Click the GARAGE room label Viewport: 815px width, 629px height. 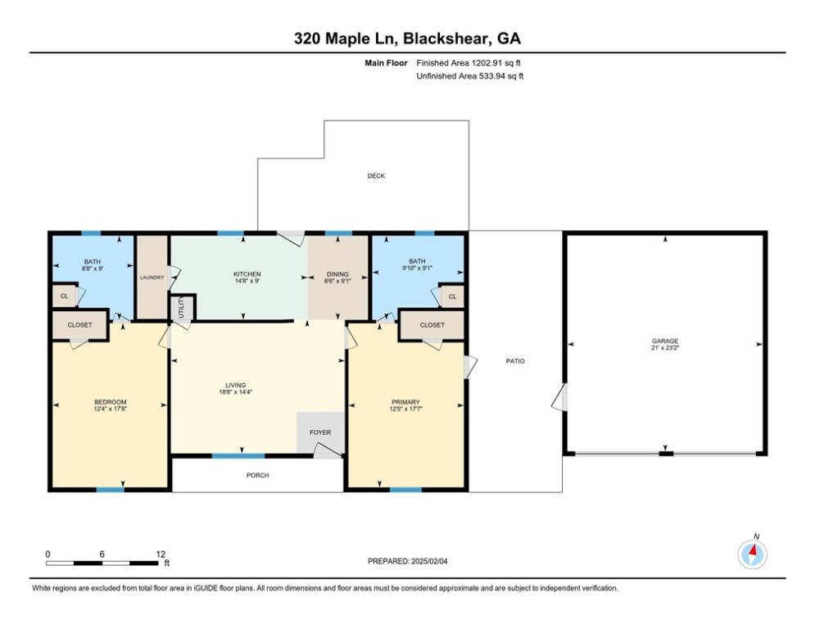click(665, 341)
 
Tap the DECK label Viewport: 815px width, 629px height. click(376, 176)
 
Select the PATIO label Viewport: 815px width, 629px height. click(515, 360)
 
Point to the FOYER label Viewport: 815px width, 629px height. click(320, 432)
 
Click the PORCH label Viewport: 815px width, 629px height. click(258, 475)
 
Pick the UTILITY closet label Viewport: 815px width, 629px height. click(181, 308)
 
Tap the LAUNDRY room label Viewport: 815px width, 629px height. click(152, 278)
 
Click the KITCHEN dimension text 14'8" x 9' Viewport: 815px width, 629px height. click(247, 281)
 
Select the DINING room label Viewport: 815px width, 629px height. click(337, 274)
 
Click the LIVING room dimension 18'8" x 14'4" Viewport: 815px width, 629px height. click(235, 392)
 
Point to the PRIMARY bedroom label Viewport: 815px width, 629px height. click(405, 402)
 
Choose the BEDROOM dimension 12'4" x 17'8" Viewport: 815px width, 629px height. click(111, 409)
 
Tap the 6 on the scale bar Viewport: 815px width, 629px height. click(102, 554)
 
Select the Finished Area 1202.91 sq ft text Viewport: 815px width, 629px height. click(469, 63)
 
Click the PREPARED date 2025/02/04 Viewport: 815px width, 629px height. click(429, 561)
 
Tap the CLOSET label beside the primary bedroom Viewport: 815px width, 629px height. click(432, 325)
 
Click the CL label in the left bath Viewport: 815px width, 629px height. click(65, 296)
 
